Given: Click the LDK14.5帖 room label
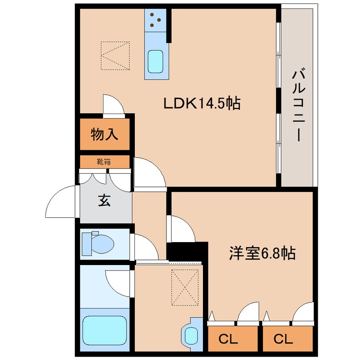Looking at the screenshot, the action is (202, 103).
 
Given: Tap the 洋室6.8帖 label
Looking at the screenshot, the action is (262, 253).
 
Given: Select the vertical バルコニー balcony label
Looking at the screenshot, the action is (298, 104).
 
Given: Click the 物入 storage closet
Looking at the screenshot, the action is (105, 134).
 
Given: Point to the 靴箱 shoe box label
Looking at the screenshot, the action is (104, 162).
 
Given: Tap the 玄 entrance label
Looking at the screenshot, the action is (104, 200).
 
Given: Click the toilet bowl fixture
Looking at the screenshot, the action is (98, 243).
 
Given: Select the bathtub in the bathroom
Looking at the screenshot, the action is (105, 330).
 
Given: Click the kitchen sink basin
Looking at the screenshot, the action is (155, 62).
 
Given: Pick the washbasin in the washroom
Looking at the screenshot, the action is (191, 334).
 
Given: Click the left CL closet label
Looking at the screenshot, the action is (228, 339).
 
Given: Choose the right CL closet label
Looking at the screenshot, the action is (283, 339).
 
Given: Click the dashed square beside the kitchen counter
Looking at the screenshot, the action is (115, 56).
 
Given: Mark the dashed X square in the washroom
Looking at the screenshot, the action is (185, 288).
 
